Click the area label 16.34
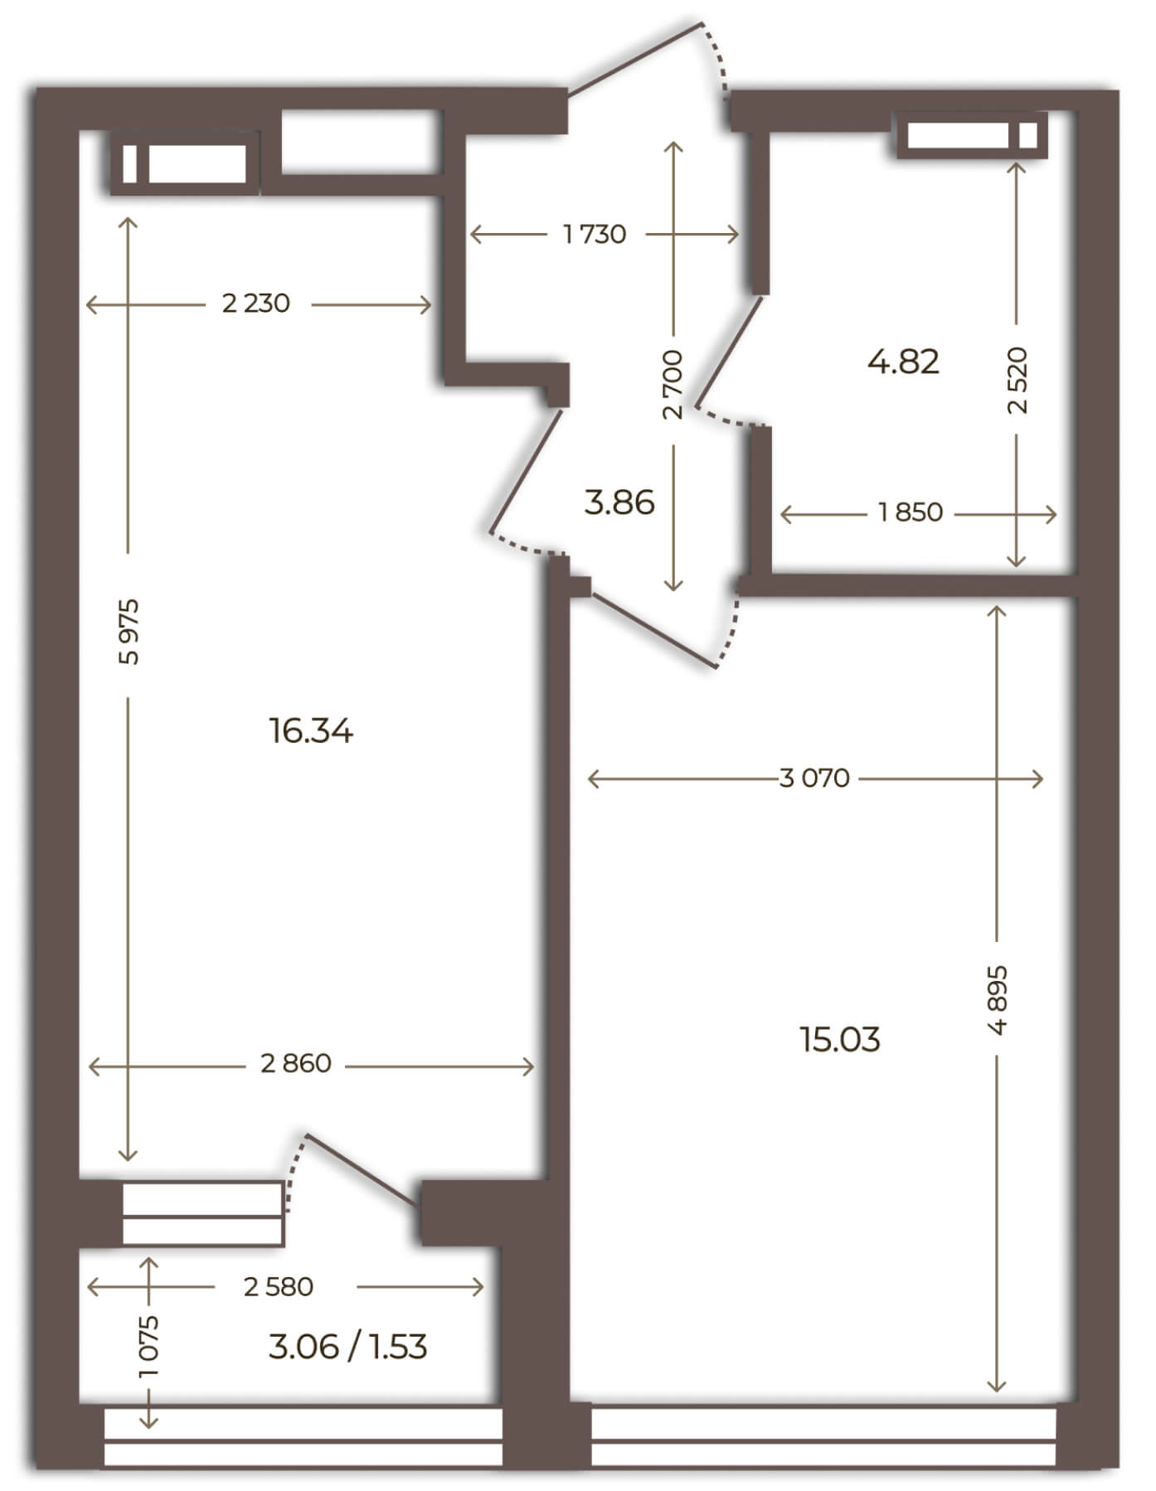311,731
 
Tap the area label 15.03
840,1038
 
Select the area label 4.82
903,362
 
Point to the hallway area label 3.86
619,502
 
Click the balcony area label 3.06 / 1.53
348,1347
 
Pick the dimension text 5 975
129,631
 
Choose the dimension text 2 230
256,304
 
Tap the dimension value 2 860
296,1063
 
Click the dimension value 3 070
815,778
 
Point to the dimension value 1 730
595,234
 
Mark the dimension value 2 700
673,384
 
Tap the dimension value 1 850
911,512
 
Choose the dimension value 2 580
279,1287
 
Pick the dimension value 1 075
150,1346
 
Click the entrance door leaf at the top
635,57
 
